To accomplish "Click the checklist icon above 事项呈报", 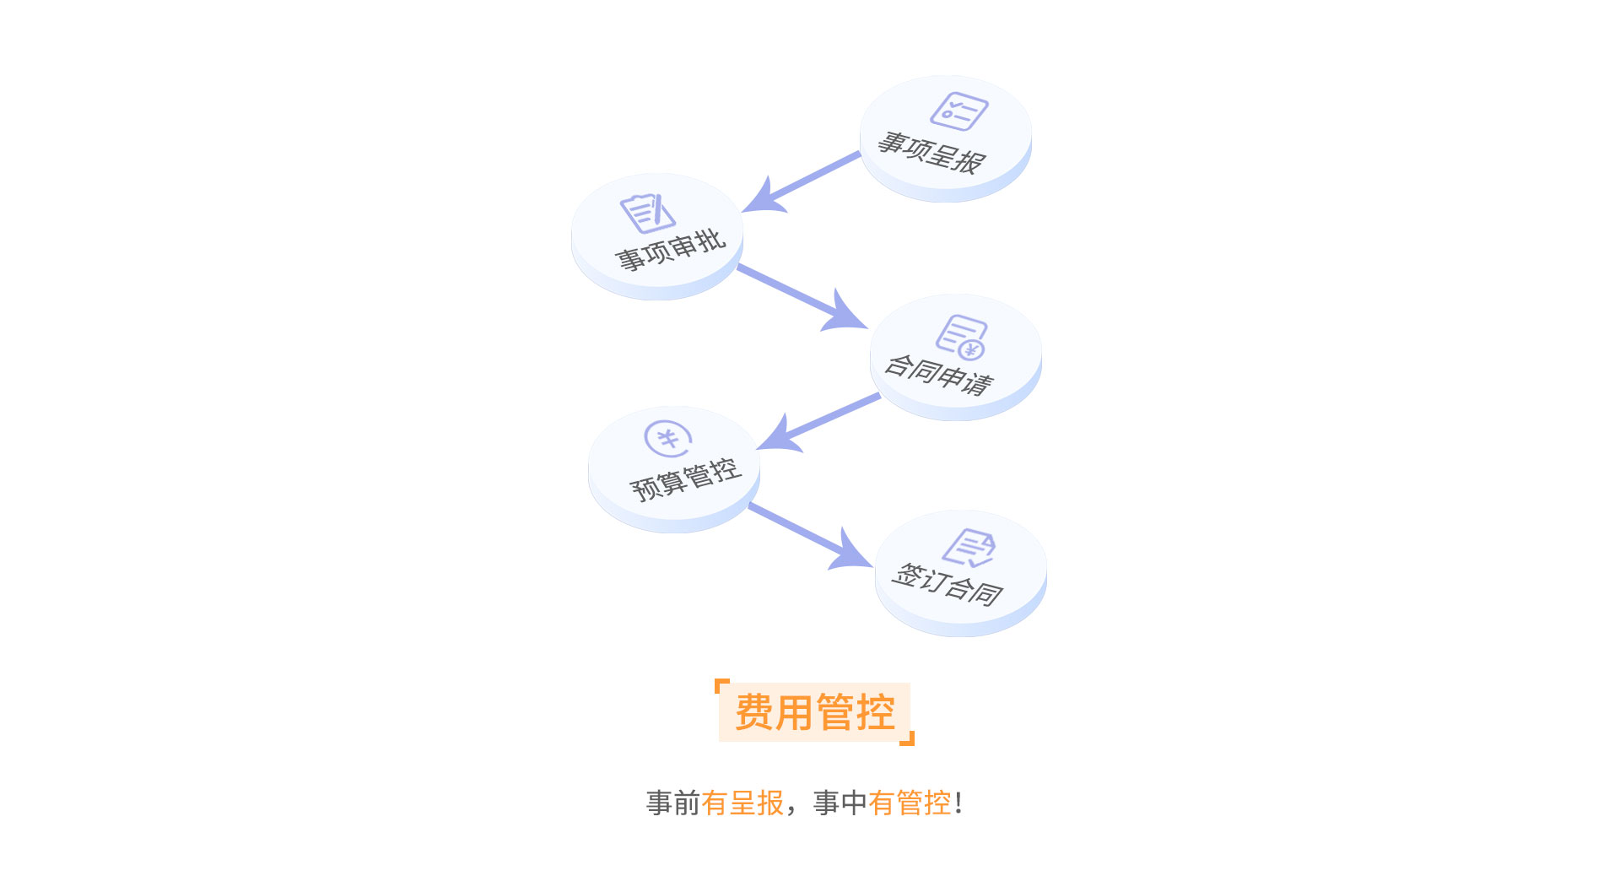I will [958, 111].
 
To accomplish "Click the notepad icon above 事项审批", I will [647, 214].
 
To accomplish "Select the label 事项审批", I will [670, 251].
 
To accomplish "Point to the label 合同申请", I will [939, 375].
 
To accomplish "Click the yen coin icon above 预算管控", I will [667, 439].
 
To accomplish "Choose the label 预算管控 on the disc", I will [685, 480].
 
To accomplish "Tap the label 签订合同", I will [948, 584].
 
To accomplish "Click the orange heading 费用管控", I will [814, 712].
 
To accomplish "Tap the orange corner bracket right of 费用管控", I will [909, 740].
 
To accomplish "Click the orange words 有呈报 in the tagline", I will [742, 803].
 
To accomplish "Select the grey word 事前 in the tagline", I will [673, 803].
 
